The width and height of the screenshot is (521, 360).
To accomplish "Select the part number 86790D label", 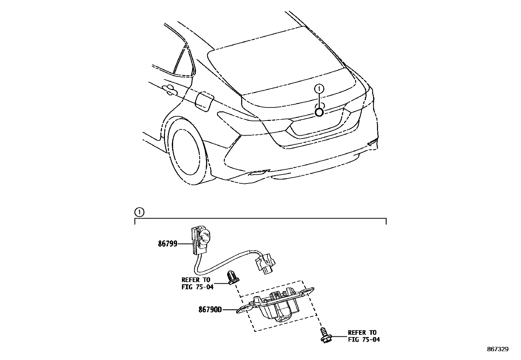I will point(210,309).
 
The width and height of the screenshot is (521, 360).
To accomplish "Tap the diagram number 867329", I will point(497,350).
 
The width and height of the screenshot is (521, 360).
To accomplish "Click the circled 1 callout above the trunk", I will point(319,88).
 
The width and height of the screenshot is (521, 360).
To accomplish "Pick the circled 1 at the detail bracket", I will point(139,212).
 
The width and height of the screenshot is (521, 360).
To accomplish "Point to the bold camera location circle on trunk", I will point(319,112).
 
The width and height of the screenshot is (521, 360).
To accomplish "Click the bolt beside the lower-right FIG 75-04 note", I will point(325,336).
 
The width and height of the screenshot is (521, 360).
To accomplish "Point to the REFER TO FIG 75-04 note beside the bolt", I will point(364,336).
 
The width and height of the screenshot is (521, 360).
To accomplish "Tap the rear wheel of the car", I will point(187,154).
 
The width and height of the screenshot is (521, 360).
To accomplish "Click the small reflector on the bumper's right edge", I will point(372,142).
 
